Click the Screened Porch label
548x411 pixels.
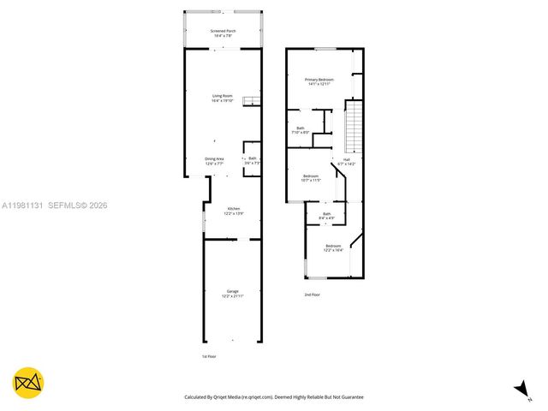click(x=223, y=31)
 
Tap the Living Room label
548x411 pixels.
click(x=223, y=95)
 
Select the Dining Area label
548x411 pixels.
click(x=214, y=158)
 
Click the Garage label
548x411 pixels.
click(x=233, y=291)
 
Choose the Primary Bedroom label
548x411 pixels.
click(x=319, y=80)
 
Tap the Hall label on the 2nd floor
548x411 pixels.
click(x=347, y=158)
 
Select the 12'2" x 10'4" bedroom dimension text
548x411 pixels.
click(x=333, y=251)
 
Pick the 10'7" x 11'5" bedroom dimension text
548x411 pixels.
click(x=311, y=181)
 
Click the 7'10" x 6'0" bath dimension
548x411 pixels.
click(x=301, y=133)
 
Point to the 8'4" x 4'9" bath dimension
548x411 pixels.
click(x=326, y=218)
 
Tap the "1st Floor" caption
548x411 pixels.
click(x=209, y=356)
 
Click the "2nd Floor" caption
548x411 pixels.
click(x=312, y=295)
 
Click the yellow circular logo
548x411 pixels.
click(x=28, y=383)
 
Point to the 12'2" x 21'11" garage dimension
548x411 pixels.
click(x=233, y=296)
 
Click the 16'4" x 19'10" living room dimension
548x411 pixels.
click(x=223, y=101)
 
